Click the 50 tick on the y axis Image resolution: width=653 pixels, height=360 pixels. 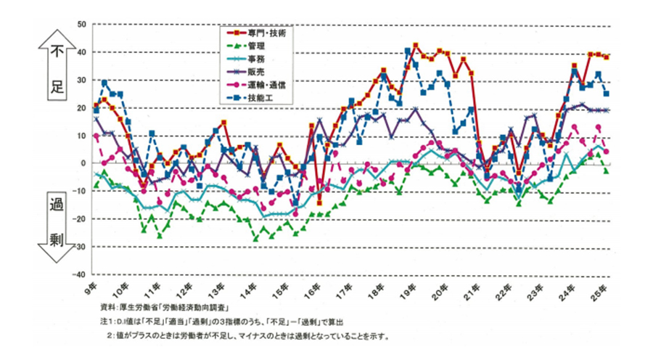point(81,25)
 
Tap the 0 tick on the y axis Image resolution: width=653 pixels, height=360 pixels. point(83,164)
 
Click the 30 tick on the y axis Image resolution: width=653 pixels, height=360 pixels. point(81,81)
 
